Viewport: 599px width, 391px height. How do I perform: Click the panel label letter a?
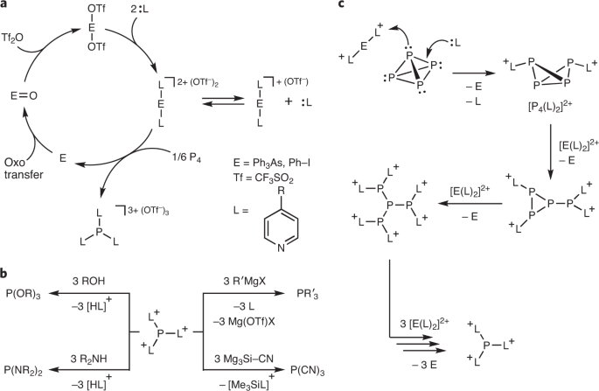point(6,7)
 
